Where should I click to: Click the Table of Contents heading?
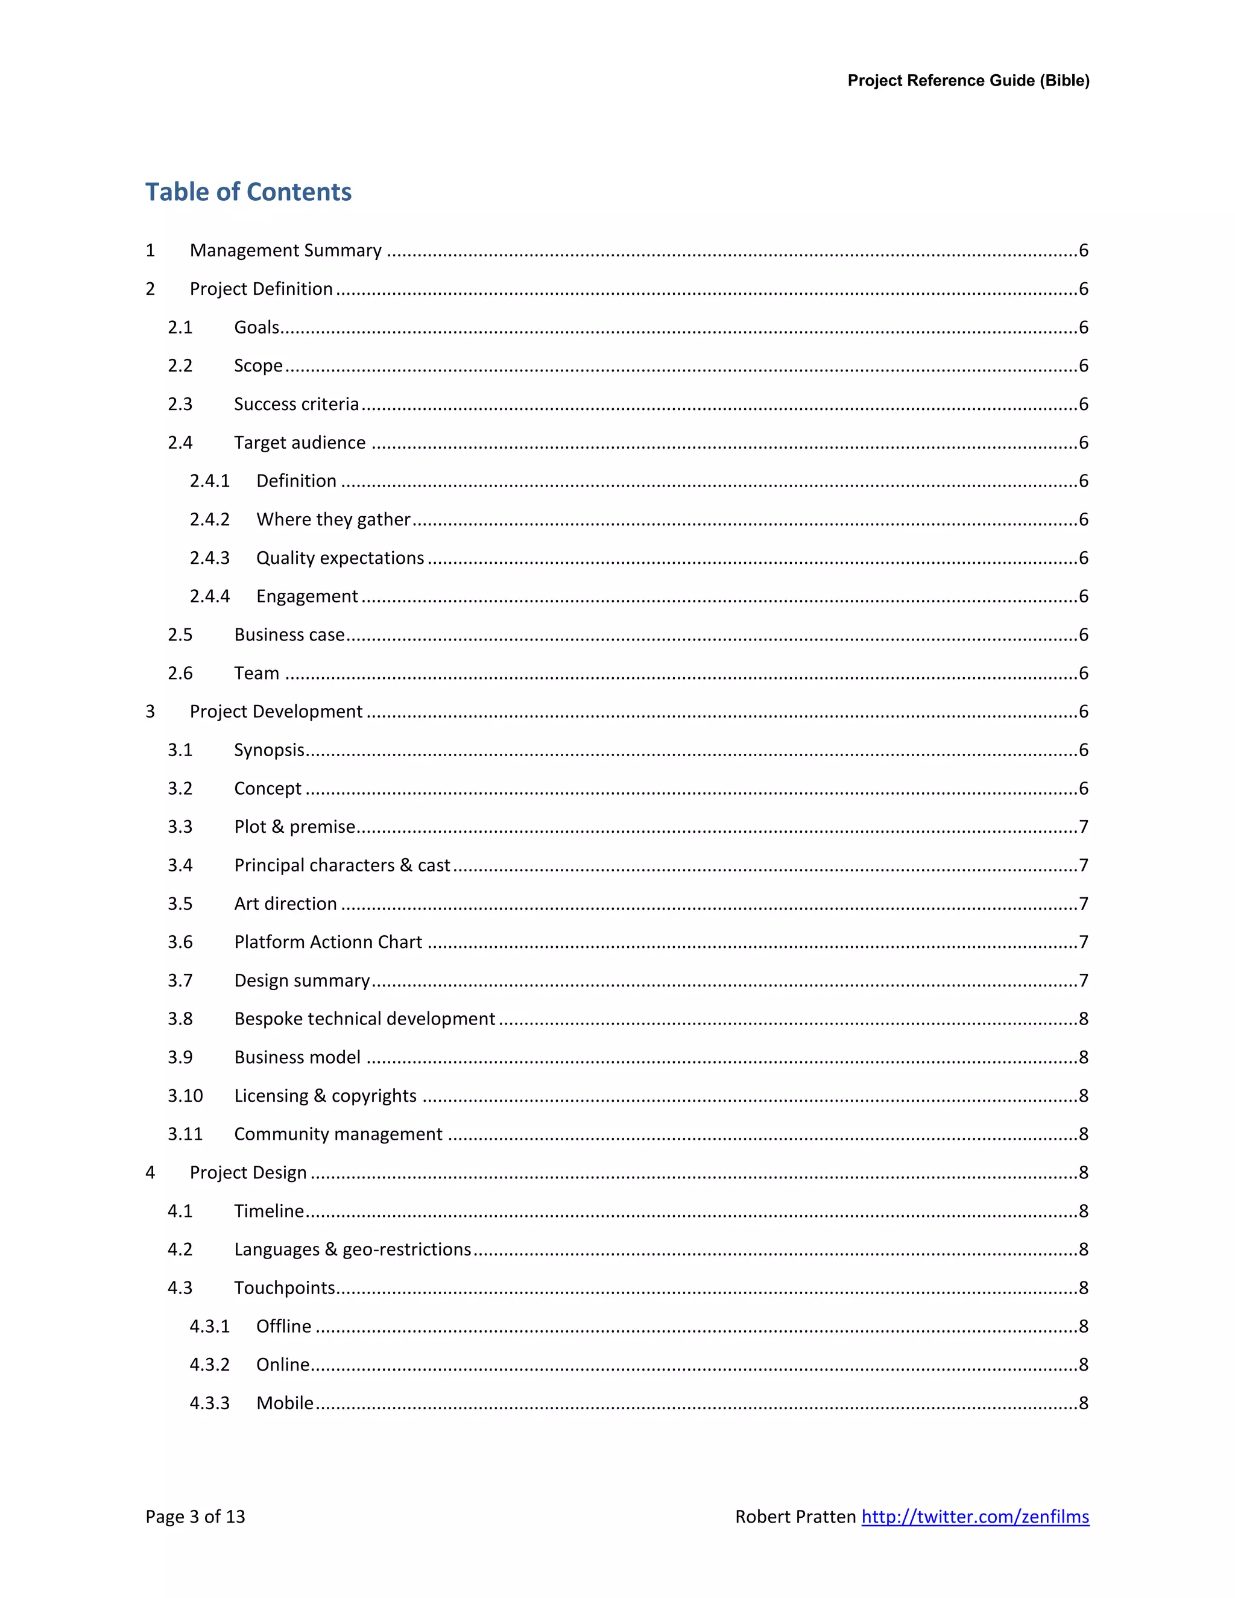pos(248,192)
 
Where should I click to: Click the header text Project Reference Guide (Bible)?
pos(968,80)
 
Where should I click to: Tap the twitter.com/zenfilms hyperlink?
pos(974,1516)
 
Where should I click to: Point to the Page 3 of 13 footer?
pos(195,1516)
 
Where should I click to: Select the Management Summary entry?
pos(285,250)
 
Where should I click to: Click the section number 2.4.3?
pos(209,558)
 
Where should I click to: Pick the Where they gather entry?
pos(333,519)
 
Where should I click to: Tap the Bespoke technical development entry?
pos(364,1018)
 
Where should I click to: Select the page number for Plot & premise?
pos(1084,827)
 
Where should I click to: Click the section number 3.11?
pos(185,1134)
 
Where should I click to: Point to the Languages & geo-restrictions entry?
pos(352,1249)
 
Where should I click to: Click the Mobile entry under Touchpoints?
pos(285,1403)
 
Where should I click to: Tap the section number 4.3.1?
pos(209,1326)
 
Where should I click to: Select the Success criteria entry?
pos(296,404)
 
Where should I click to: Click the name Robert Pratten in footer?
pos(795,1516)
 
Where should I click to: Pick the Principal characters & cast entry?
pos(342,865)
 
